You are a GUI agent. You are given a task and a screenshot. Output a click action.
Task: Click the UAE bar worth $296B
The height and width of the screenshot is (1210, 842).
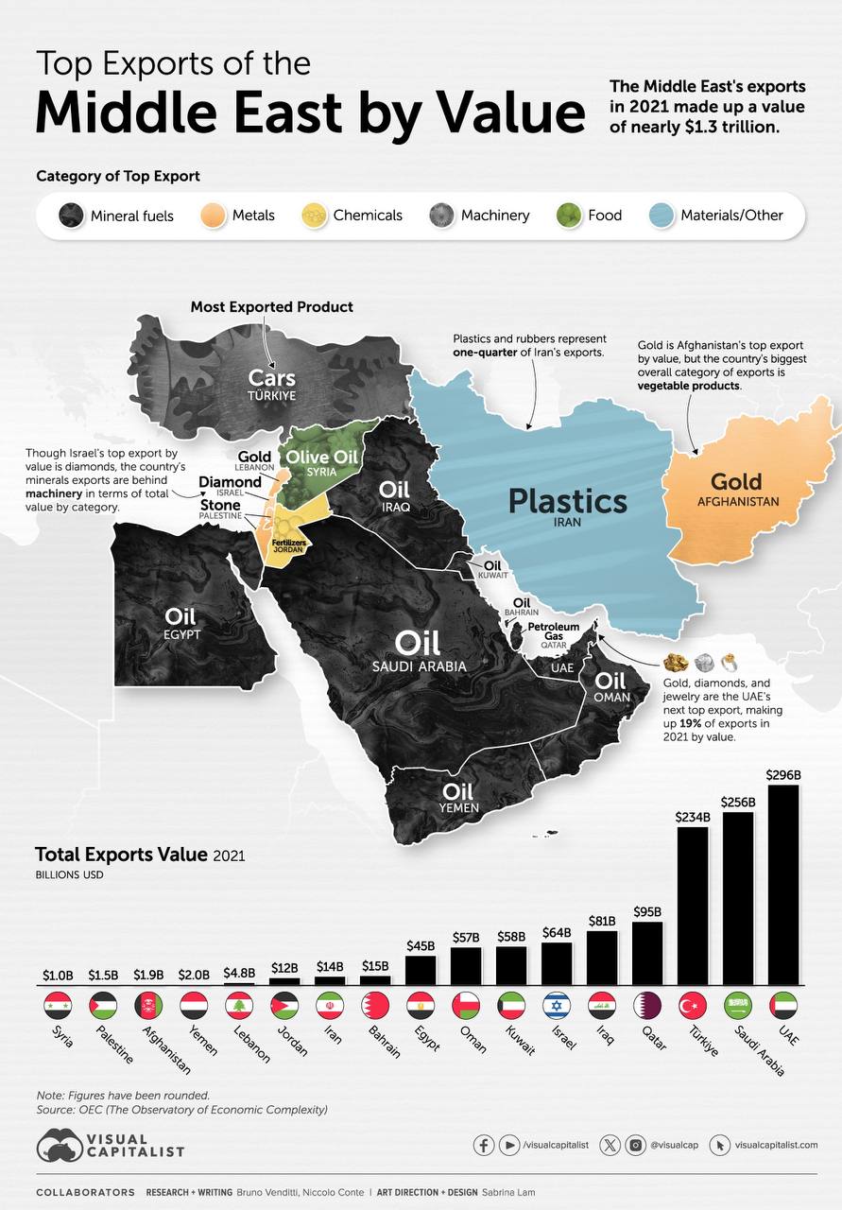pos(783,885)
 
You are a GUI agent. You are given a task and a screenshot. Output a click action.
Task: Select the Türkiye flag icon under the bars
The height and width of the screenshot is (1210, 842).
pos(693,1006)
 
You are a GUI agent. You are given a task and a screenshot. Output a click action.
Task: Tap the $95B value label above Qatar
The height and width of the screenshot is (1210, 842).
pos(647,911)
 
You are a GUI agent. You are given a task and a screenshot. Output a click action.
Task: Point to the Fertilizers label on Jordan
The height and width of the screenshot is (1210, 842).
pos(287,543)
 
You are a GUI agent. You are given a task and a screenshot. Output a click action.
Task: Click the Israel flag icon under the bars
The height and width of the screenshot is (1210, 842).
pos(557,1006)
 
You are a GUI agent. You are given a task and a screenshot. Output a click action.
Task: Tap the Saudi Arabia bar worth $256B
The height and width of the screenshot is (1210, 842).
pos(738,898)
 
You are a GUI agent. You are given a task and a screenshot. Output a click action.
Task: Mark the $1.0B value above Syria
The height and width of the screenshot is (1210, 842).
pos(58,974)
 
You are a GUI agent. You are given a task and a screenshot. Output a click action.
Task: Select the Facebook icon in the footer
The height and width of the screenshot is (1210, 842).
pos(484,1145)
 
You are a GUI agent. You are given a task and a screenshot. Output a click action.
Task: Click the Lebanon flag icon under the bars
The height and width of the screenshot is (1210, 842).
pos(239,1006)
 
